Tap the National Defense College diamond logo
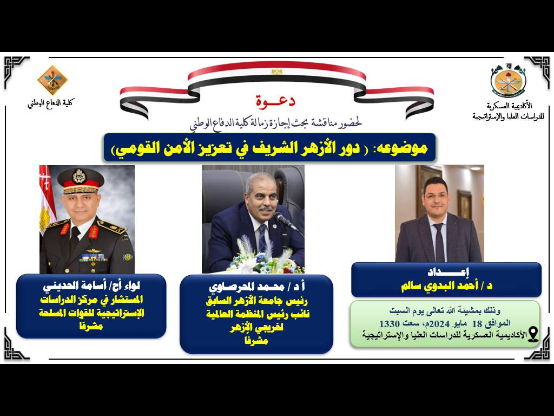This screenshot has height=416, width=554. tap(52, 80)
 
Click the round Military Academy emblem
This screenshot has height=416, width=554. tap(508, 82)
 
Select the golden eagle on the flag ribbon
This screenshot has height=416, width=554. tap(276, 71)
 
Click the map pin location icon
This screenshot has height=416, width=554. tap(532, 334)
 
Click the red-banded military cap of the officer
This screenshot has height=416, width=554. tap(81, 181)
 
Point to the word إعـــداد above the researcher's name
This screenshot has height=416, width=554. tap(448, 272)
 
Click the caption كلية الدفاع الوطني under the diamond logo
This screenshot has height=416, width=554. tap(51, 103)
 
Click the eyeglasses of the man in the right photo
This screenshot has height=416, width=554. tap(437, 196)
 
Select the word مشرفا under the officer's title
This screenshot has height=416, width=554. tap(91, 327)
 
